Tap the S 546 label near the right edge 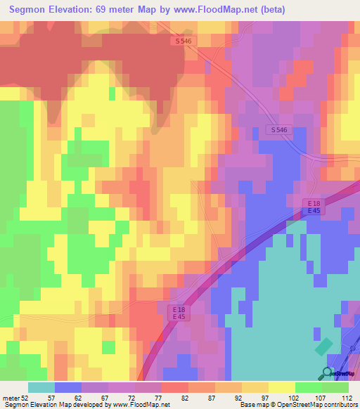278,130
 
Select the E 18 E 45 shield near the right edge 314,207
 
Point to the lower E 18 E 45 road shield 181,312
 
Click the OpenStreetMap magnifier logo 328,372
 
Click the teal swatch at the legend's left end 41,387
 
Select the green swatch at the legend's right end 335,387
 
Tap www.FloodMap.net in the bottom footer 141,404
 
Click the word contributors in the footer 337,404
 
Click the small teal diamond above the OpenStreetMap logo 324,347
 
